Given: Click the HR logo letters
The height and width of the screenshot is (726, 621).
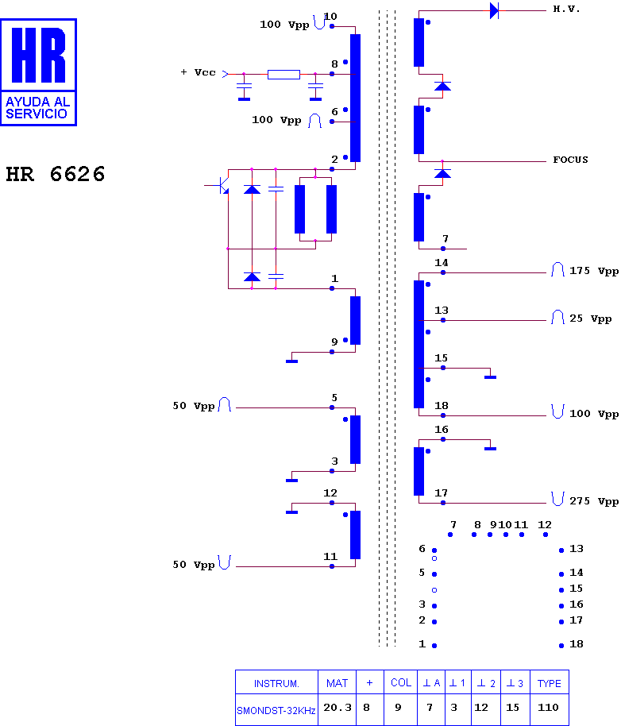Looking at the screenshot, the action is coord(38,55).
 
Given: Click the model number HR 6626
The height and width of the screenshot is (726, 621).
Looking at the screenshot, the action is coord(56,174).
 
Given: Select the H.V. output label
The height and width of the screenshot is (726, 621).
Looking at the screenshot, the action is coord(566,10).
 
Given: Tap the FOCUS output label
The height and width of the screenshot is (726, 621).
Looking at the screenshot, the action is coord(570,160).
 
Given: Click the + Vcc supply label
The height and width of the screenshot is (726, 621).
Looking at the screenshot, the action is coord(198,72).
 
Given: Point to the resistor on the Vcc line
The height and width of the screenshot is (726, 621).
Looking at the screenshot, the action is coord(283,74).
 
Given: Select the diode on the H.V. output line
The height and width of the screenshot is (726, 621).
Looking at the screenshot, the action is coord(494,10).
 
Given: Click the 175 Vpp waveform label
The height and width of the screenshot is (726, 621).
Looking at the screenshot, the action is coord(594,271).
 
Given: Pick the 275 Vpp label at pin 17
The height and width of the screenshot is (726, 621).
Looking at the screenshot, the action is coord(594,501).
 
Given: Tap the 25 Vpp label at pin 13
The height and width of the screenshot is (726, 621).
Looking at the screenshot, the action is coord(591,319).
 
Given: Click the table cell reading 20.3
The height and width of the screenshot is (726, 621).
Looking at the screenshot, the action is coord(337,708).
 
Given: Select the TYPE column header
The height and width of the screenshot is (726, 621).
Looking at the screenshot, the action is coord(550,683).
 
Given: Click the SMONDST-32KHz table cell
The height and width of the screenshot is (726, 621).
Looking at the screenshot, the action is coord(276,710).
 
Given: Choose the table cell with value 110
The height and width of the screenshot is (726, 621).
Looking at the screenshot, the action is coord(549,708).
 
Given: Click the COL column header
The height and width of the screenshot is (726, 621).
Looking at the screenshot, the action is coord(401,682).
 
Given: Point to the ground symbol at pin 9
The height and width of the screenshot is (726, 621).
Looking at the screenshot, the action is coord(292,361).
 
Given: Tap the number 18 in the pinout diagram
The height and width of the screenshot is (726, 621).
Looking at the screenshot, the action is coord(576,644).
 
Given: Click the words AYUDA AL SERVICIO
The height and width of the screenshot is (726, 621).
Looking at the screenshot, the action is coord(37,107).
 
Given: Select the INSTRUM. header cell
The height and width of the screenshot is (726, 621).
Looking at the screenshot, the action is coord(276,683).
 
